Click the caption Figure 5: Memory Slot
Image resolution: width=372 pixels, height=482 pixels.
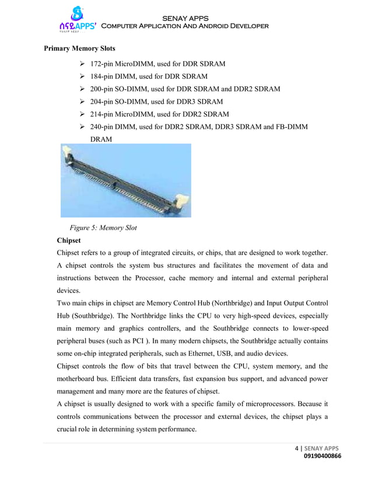(x=103, y=228)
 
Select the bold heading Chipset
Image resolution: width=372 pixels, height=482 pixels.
(x=69, y=240)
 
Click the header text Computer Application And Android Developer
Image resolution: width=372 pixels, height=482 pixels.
(x=185, y=26)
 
